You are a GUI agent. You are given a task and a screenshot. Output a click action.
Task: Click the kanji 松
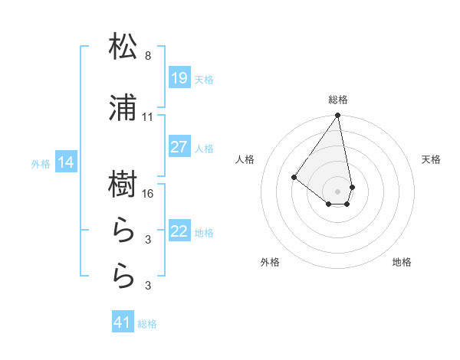coord(123,47)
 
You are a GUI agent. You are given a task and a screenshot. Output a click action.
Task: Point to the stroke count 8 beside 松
coord(148,56)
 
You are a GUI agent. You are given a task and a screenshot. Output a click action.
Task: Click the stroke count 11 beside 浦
coord(148,117)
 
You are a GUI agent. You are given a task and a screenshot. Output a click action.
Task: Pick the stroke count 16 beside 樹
coord(148,194)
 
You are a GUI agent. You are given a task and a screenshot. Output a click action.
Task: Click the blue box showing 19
coord(179,78)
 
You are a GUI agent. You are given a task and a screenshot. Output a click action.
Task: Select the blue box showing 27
coord(179,147)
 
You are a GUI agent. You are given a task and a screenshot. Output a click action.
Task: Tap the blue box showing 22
coord(179,231)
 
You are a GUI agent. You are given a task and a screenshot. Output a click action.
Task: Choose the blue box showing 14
coord(66,162)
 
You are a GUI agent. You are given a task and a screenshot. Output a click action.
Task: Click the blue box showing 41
coord(123,322)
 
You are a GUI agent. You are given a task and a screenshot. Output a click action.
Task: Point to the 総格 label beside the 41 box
coord(147,324)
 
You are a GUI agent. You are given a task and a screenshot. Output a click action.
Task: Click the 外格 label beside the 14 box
coord(40,163)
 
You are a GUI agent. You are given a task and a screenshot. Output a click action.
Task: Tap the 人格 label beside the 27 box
coord(205,148)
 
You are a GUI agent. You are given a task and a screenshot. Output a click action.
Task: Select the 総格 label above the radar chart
coord(337,100)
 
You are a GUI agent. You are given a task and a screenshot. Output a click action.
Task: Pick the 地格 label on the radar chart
coord(402,262)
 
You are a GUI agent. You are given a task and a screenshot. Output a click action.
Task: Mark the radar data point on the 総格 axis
coord(337,116)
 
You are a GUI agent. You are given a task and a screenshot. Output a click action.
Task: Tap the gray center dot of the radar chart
coord(337,191)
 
